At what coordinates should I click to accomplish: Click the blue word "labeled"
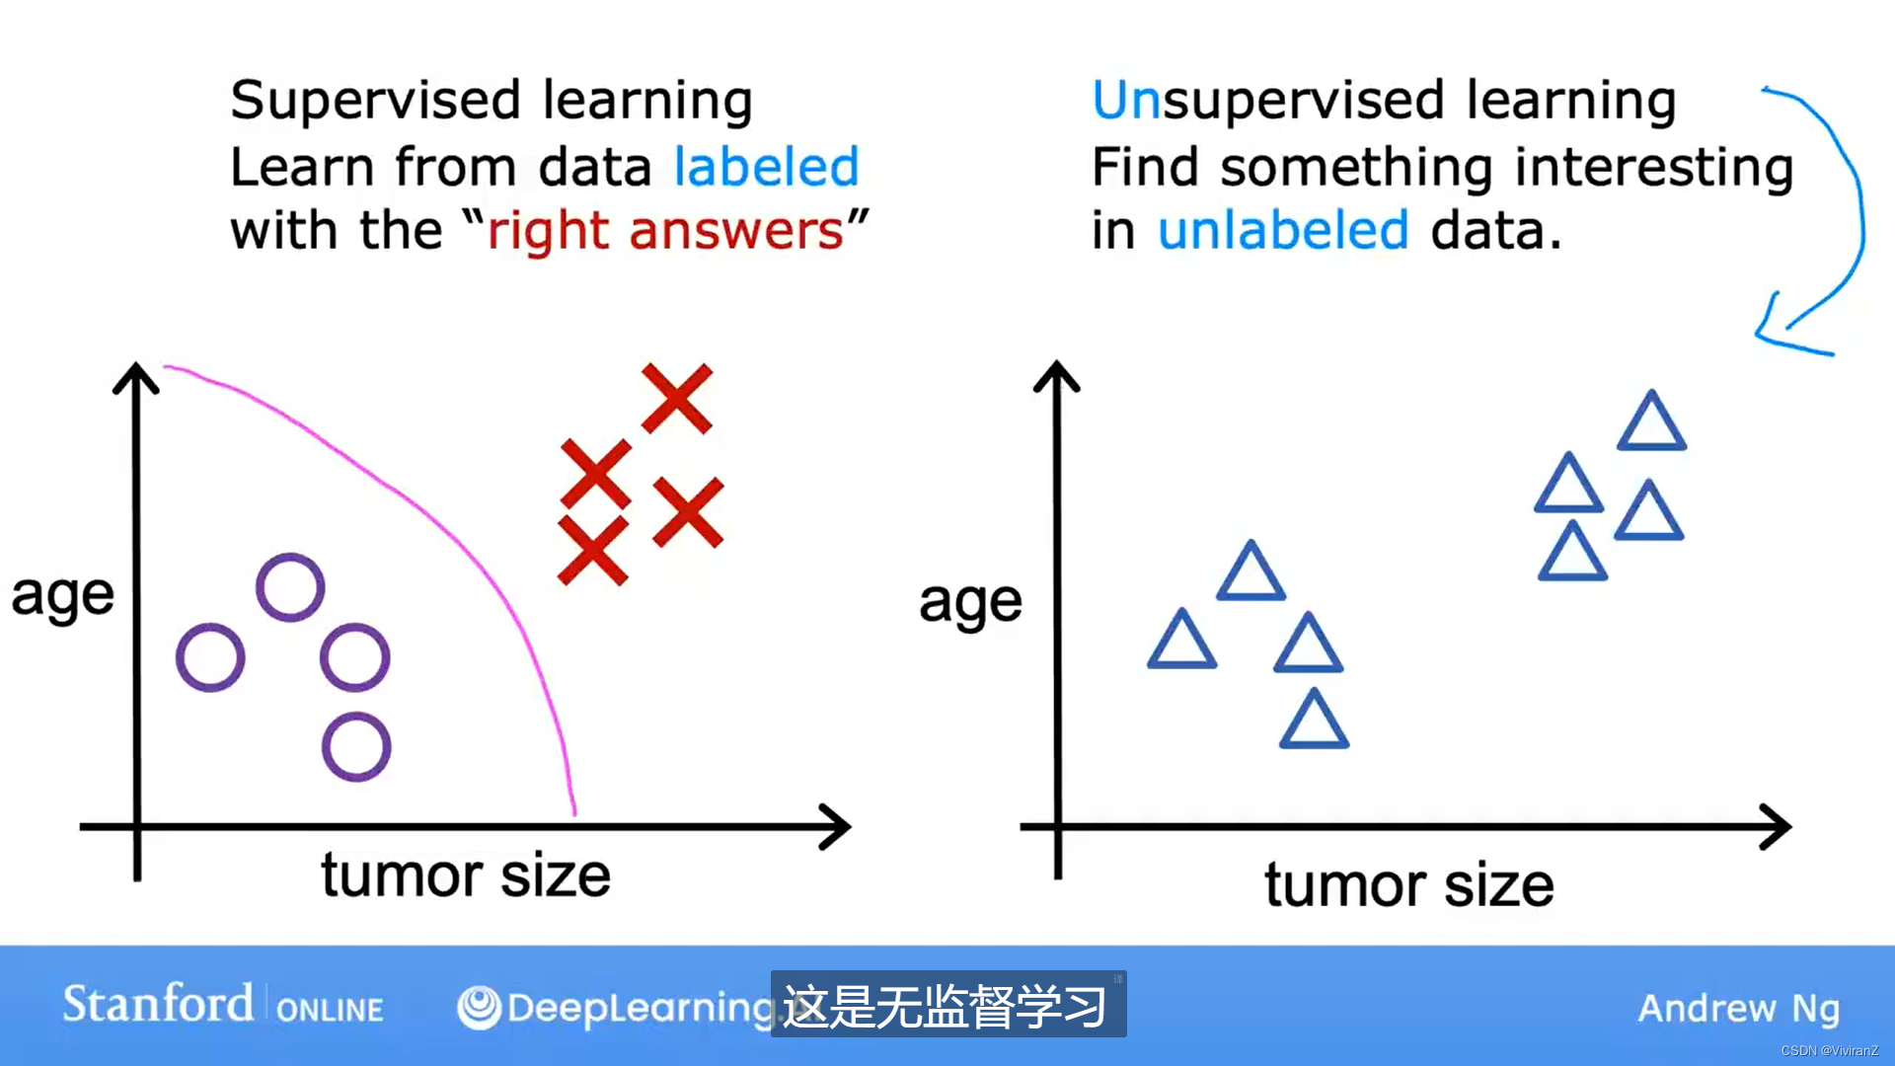click(x=767, y=166)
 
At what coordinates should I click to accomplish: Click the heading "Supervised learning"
click(x=492, y=101)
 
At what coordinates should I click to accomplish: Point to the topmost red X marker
click(x=676, y=399)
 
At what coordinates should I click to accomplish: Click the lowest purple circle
click(x=356, y=747)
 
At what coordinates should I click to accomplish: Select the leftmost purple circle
click(x=210, y=657)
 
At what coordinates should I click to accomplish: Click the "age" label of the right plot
click(x=970, y=603)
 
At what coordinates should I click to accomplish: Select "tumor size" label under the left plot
click(x=466, y=875)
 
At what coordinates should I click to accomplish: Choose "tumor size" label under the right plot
click(x=1409, y=884)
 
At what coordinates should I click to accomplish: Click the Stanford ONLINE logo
click(x=223, y=1005)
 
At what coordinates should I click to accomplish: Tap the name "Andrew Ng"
click(x=1739, y=1009)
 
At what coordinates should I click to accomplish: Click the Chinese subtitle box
click(x=948, y=1005)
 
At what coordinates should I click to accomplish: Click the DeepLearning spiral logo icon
click(x=480, y=1008)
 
